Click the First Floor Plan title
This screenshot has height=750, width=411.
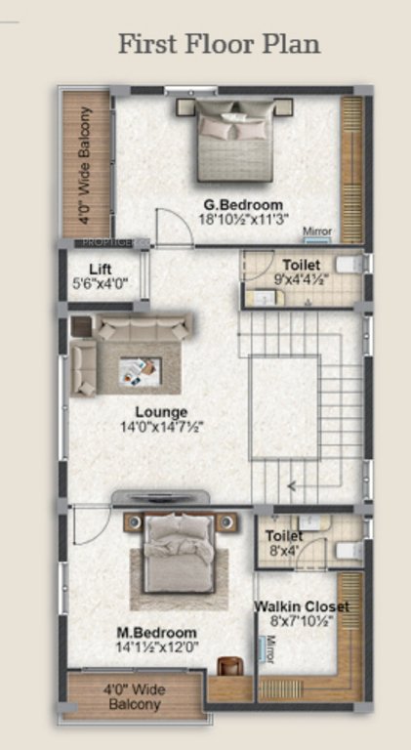[x=219, y=44]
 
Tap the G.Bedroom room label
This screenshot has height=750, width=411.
[x=243, y=204]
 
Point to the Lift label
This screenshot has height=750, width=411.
[x=101, y=269]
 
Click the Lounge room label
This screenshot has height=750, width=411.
[x=162, y=411]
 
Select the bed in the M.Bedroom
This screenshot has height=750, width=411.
[x=180, y=552]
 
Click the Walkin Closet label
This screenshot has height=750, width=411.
[x=302, y=606]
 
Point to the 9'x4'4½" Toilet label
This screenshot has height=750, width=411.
[x=302, y=265]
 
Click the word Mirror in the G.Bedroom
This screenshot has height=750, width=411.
[x=317, y=231]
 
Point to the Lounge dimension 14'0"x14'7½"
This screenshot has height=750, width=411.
[x=161, y=427]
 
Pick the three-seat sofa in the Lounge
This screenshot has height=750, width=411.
[x=146, y=328]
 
